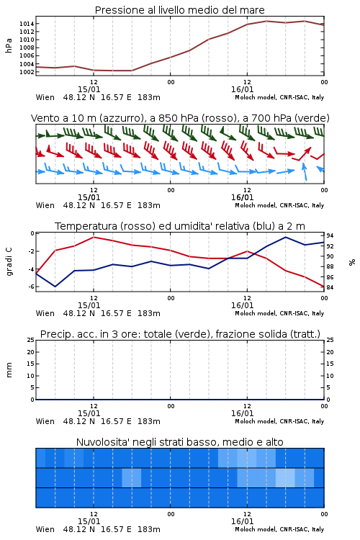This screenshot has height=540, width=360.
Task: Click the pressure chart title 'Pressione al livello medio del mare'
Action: point(179,10)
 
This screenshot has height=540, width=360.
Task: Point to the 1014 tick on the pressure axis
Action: point(27,24)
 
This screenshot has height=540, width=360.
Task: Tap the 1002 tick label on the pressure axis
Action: point(27,72)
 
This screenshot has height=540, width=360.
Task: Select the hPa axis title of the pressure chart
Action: point(9,45)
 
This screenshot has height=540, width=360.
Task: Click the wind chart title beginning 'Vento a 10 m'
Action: point(180,118)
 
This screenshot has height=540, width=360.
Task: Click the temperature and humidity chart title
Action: point(180,226)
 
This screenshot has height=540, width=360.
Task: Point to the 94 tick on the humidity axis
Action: point(330,236)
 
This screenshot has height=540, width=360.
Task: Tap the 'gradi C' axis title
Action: point(9,262)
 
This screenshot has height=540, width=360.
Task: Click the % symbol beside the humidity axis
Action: point(352,262)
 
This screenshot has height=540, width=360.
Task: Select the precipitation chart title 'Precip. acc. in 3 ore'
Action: point(180,334)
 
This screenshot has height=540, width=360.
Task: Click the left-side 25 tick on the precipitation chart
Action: point(31,340)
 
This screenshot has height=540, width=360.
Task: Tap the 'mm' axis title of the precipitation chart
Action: point(9,370)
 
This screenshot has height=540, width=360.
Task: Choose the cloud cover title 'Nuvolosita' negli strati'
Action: point(179,442)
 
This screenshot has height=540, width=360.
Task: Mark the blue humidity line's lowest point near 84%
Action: point(55,287)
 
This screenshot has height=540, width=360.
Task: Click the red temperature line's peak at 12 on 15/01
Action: point(94,237)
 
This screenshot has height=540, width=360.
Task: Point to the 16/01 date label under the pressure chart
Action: point(242,89)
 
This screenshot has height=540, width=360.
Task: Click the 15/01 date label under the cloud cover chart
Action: point(89,521)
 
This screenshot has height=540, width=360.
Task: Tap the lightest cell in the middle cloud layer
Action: point(285,477)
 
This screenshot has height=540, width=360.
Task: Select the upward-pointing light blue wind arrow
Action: point(304,171)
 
